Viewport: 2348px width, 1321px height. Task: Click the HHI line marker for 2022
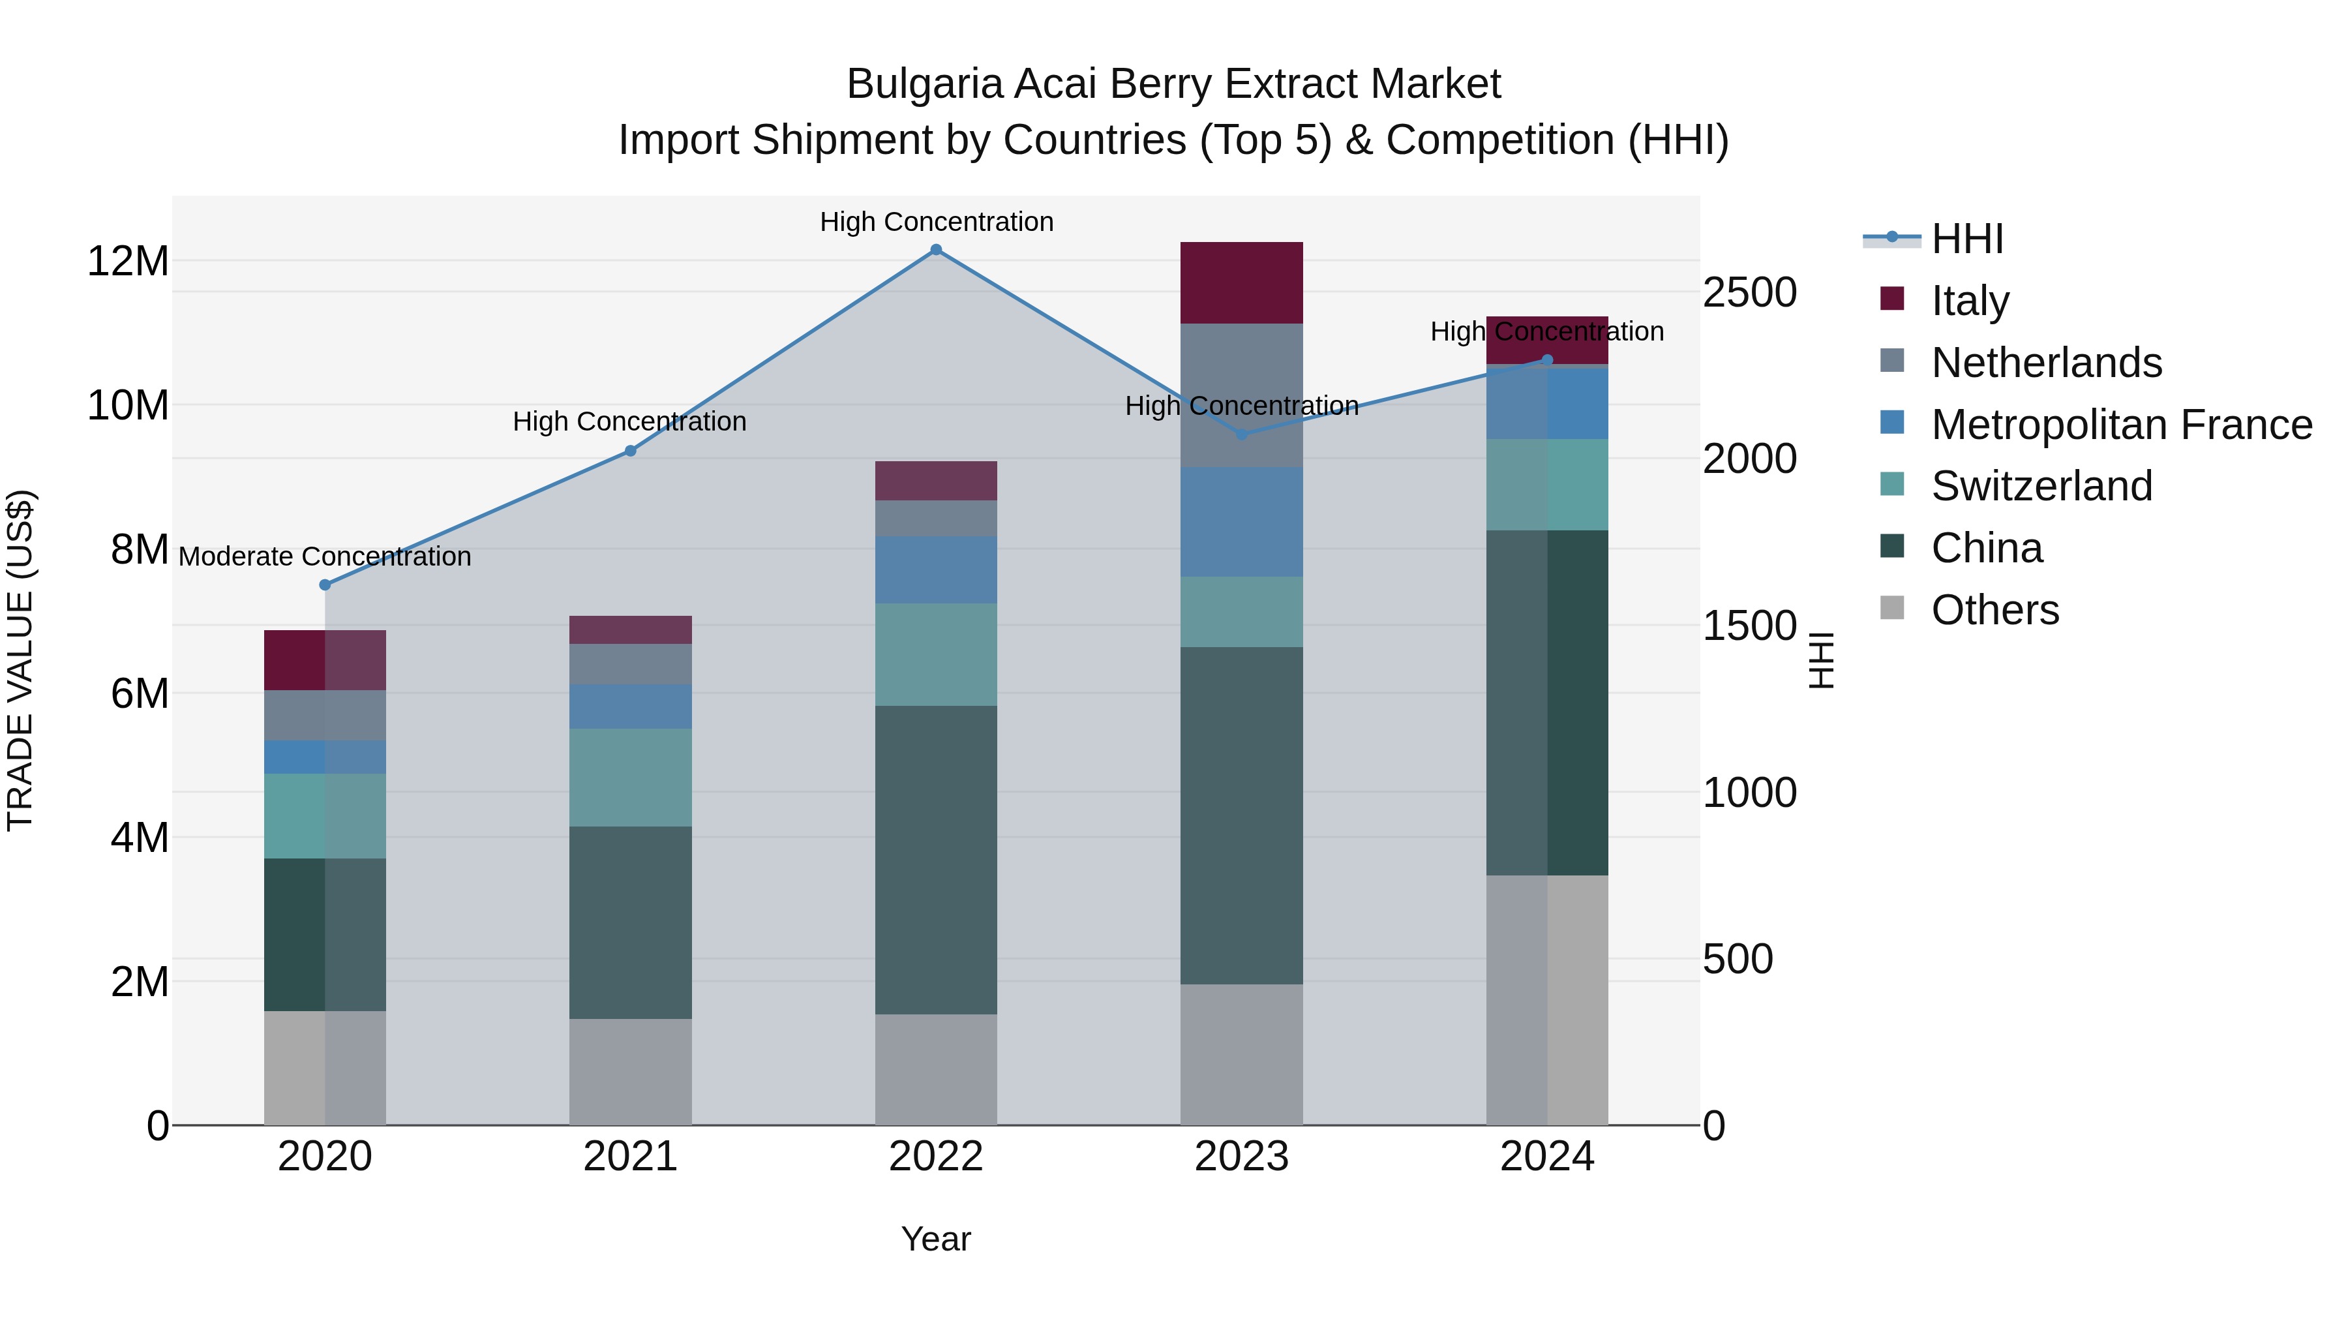tap(935, 250)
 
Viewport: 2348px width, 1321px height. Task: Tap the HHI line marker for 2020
tap(325, 585)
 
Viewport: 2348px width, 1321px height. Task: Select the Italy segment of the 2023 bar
tap(1241, 282)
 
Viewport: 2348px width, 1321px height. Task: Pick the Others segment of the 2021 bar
tap(630, 1071)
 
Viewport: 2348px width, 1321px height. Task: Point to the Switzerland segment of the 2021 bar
tap(630, 777)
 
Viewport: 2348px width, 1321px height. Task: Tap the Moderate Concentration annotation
tap(325, 556)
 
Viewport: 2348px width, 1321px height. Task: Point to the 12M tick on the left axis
tap(128, 262)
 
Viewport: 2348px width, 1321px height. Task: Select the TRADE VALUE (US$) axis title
tap(20, 660)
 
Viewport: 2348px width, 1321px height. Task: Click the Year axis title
tap(935, 1239)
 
